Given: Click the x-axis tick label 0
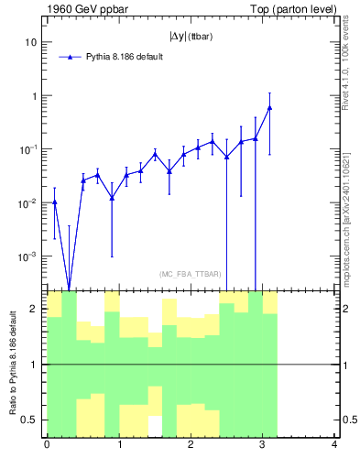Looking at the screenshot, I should click(x=47, y=445).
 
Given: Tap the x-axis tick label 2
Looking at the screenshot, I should click(x=191, y=445).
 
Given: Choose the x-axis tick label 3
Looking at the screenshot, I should click(x=263, y=445).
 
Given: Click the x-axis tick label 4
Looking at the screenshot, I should click(x=334, y=445).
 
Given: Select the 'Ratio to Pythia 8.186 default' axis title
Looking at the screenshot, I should click(x=12, y=364).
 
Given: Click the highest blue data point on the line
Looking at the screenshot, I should click(x=269, y=107).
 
